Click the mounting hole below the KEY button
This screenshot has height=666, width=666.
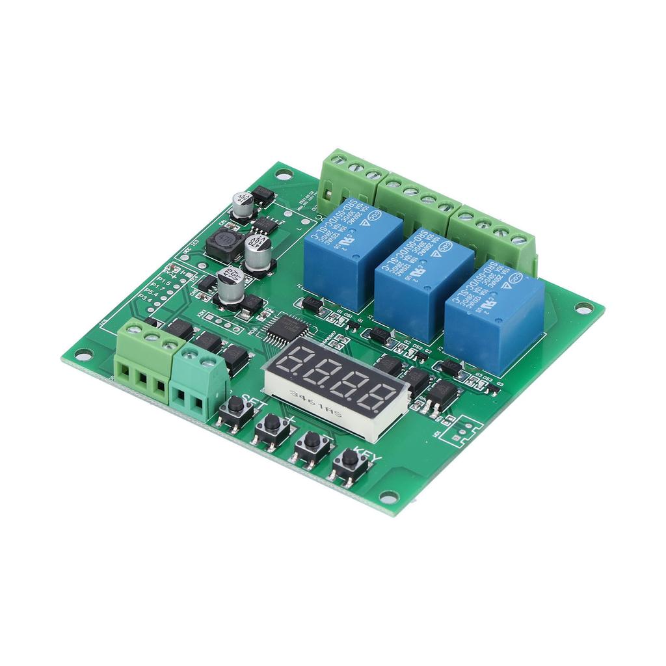389,498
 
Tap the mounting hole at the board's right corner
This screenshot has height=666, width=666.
584,308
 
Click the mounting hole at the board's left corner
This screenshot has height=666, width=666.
83,354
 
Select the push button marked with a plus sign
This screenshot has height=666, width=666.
272,427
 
